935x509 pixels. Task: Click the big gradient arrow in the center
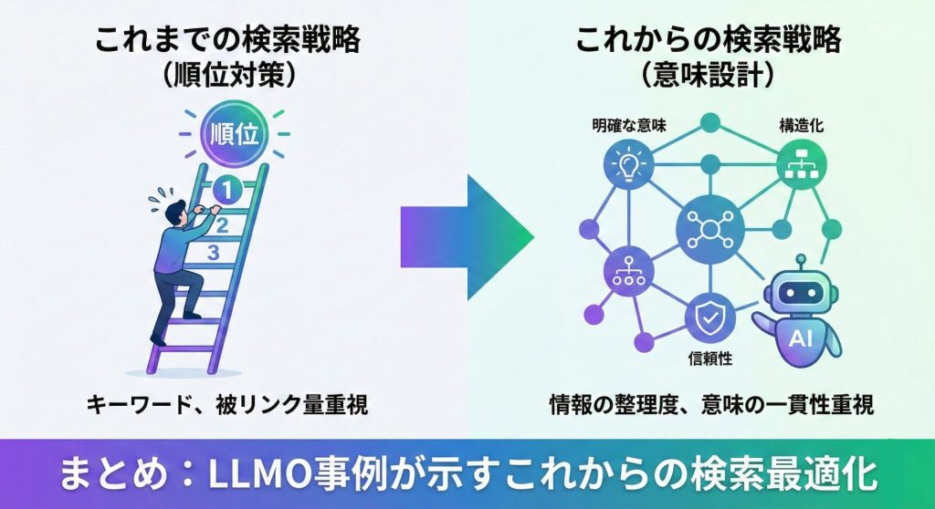click(467, 235)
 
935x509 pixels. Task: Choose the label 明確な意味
click(629, 126)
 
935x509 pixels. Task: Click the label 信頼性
click(709, 358)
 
